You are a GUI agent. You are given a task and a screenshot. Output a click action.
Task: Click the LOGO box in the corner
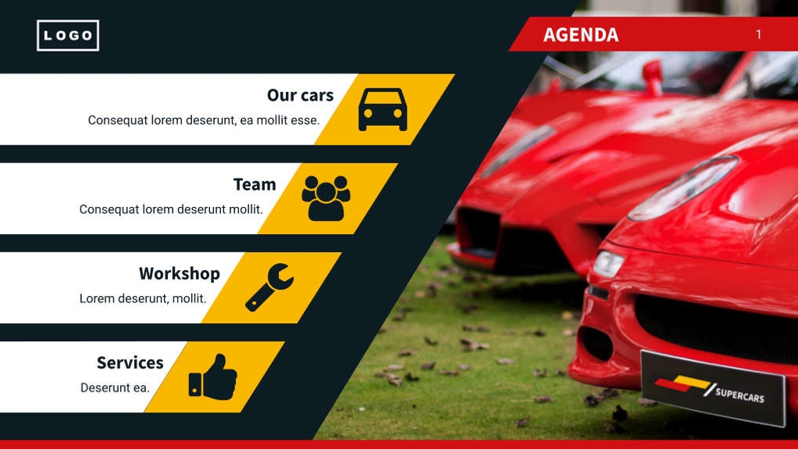pos(68,35)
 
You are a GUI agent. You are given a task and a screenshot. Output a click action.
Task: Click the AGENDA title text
pos(580,35)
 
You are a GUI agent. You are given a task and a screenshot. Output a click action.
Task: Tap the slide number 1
pos(758,34)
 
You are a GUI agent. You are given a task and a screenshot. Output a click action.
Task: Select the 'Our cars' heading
pos(300,95)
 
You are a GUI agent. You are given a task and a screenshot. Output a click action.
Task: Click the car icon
pos(383,109)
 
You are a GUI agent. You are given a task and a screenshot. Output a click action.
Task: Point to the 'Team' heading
pos(255,184)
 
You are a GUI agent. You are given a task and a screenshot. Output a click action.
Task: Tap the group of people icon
pos(326,198)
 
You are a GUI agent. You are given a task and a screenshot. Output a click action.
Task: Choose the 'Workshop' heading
pos(180,273)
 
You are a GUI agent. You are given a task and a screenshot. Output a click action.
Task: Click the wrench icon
pos(269,287)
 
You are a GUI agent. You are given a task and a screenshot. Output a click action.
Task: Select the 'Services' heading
pos(130,362)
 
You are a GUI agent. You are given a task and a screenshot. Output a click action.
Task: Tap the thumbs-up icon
pos(212,377)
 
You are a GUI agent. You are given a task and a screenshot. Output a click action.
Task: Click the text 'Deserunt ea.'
pos(115,387)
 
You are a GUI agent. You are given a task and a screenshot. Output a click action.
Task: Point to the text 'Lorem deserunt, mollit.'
pos(143,298)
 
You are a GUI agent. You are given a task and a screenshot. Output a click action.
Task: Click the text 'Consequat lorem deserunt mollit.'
pos(171,209)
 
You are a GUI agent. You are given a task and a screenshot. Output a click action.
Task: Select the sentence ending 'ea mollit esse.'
pos(204,120)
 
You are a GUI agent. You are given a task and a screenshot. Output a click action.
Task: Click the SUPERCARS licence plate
pos(712,388)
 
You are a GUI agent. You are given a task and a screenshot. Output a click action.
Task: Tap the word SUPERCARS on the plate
pos(739,394)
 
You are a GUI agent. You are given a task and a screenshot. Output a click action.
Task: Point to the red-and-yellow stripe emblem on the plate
pos(681,384)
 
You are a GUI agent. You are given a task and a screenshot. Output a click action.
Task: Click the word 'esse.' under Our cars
pos(305,120)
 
